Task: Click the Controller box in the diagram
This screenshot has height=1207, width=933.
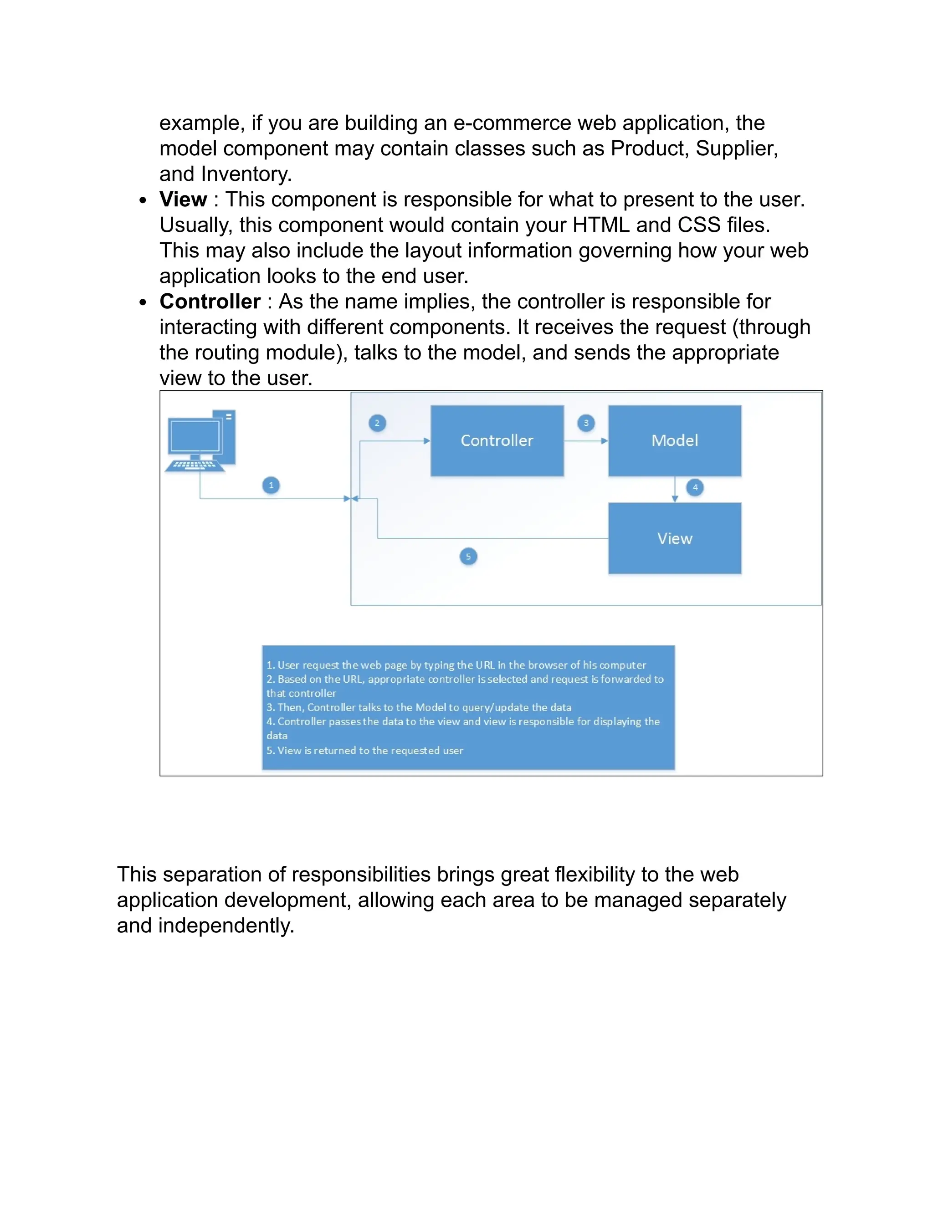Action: coord(497,440)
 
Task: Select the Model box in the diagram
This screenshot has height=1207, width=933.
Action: coord(674,440)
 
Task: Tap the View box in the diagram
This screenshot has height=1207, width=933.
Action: coord(674,538)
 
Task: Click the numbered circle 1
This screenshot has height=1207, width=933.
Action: coord(271,485)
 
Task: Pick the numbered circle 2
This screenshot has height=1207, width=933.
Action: coord(377,423)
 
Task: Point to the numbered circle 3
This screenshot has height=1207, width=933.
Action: coord(586,423)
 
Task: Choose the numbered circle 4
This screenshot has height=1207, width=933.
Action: coord(695,487)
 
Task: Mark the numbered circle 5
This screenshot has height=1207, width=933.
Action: coord(468,556)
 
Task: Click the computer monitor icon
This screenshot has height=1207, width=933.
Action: coord(195,437)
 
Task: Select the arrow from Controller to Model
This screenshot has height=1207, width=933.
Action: coord(586,441)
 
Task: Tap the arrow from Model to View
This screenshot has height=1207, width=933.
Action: coord(674,489)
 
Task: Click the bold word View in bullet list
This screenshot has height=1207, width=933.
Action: coord(183,199)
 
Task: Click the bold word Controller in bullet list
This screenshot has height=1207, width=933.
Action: coord(210,302)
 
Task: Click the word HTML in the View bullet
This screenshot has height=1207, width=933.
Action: coord(601,225)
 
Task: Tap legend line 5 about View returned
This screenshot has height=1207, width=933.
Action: coord(365,751)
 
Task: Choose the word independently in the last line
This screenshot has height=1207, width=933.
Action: coord(226,926)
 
